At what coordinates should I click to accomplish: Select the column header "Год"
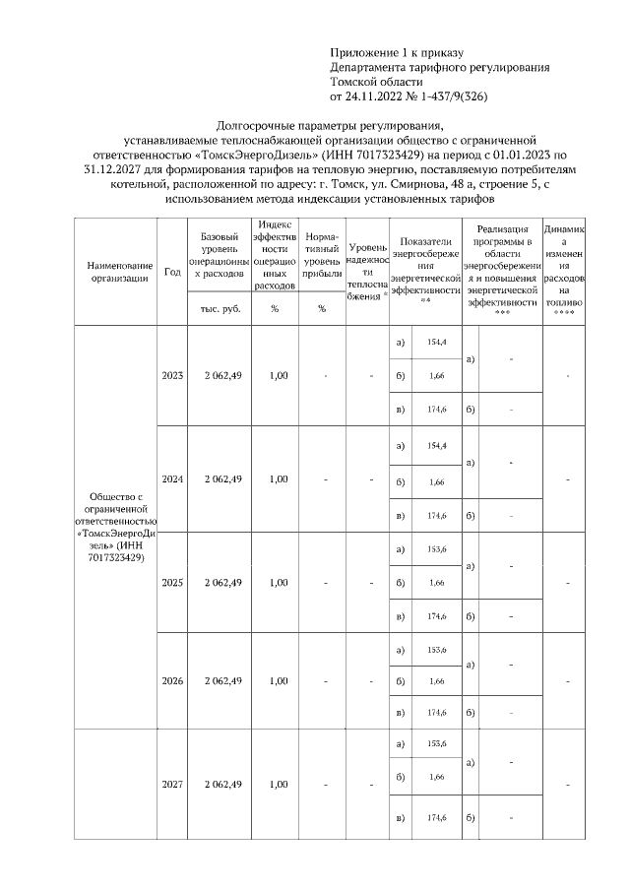tap(172, 272)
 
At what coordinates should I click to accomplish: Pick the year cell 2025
tap(172, 583)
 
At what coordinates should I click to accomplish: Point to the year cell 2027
tap(172, 784)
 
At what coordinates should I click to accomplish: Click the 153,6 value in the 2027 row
tap(437, 743)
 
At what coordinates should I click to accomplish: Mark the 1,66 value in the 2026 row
tap(437, 681)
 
